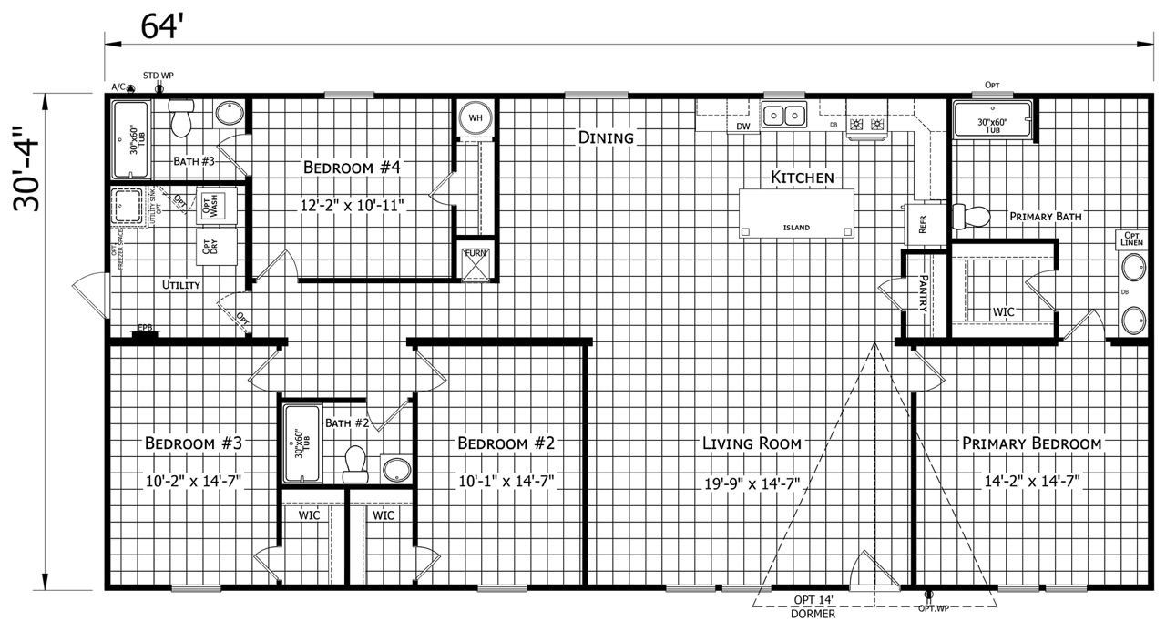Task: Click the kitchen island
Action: coord(797,213)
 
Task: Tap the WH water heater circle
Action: coord(475,117)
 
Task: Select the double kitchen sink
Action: coord(784,116)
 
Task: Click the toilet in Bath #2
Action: coord(354,463)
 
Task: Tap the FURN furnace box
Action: coord(476,263)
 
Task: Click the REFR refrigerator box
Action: coord(921,224)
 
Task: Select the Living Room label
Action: coord(752,443)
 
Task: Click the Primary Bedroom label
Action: coord(1032,443)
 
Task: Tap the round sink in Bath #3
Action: coord(230,114)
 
